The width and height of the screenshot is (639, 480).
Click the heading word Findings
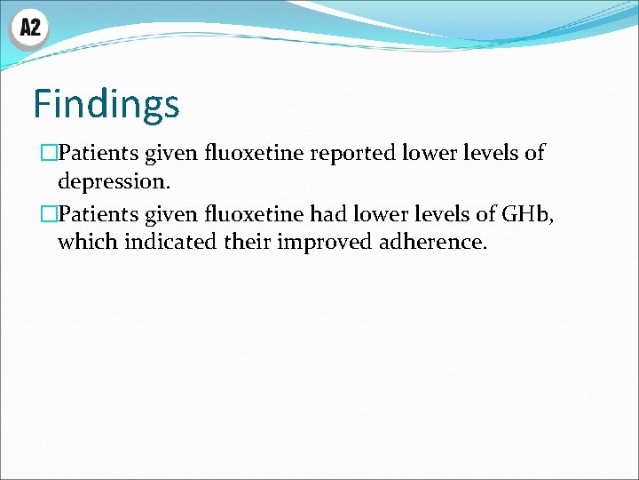pyautogui.click(x=106, y=104)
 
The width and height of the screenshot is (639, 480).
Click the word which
pyautogui.click(x=88, y=241)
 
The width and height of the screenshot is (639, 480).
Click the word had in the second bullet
pyautogui.click(x=328, y=212)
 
